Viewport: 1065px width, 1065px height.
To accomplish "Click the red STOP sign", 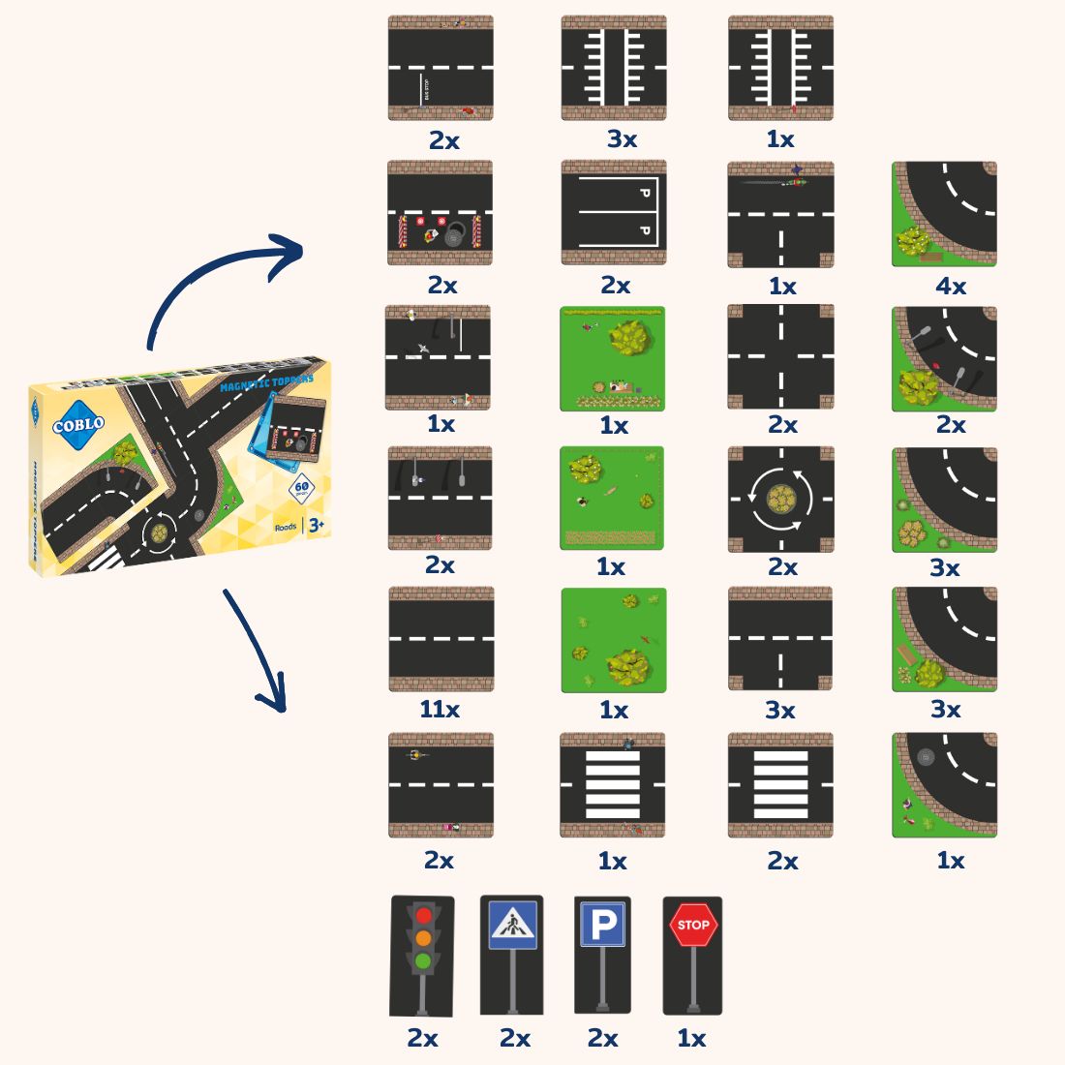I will pyautogui.click(x=692, y=926).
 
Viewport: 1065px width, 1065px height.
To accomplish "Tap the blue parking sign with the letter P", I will pyautogui.click(x=602, y=926).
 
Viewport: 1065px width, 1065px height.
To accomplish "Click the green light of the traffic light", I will pyautogui.click(x=423, y=961).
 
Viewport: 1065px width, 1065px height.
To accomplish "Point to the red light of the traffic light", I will pyautogui.click(x=423, y=915).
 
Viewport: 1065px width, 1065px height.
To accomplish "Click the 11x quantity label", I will pyautogui.click(x=440, y=710).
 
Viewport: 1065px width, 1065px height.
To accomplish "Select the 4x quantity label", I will pyautogui.click(x=951, y=286).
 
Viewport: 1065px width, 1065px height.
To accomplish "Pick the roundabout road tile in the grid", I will pyautogui.click(x=780, y=499).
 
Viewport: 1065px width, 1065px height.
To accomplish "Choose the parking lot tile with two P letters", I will pyautogui.click(x=614, y=213).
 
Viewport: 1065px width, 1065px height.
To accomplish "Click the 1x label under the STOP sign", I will pyautogui.click(x=691, y=1039).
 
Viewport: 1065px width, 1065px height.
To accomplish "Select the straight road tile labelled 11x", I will pyautogui.click(x=441, y=639).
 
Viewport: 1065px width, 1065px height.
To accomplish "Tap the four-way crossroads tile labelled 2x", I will pyautogui.click(x=780, y=356).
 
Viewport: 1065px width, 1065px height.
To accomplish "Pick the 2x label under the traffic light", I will pyautogui.click(x=422, y=1039).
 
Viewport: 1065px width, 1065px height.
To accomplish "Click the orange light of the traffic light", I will pyautogui.click(x=423, y=938).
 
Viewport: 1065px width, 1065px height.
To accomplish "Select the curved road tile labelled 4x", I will pyautogui.click(x=944, y=214).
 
